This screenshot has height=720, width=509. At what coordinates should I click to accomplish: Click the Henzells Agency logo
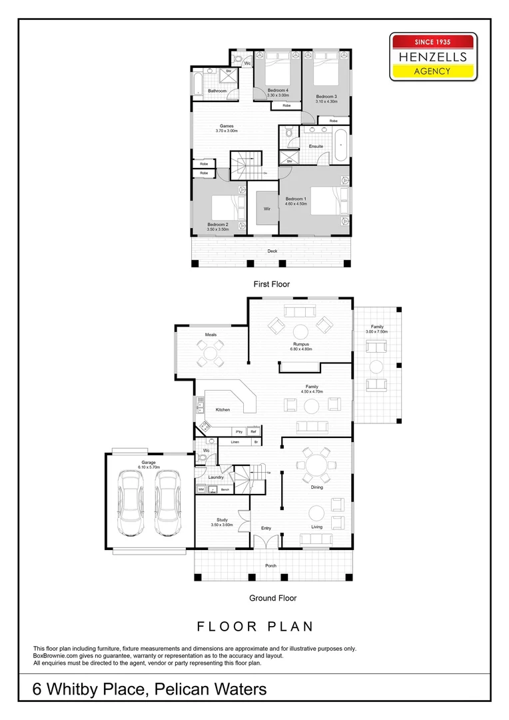pyautogui.click(x=433, y=57)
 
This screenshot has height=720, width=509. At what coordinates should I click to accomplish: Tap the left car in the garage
pyautogui.click(x=131, y=503)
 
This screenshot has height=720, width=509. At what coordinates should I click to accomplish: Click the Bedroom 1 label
pyautogui.click(x=296, y=199)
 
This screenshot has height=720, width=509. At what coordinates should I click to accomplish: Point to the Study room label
pyautogui.click(x=223, y=520)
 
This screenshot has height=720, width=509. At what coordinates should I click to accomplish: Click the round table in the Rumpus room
pyautogui.click(x=301, y=331)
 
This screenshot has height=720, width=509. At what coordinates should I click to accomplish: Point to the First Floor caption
pyautogui.click(x=271, y=284)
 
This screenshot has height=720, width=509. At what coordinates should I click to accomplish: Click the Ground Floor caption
pyautogui.click(x=272, y=598)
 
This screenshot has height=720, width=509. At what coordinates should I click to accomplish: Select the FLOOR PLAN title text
pyautogui.click(x=255, y=627)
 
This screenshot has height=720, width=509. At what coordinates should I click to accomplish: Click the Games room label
pyautogui.click(x=227, y=126)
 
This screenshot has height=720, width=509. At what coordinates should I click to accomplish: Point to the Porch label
pyautogui.click(x=270, y=566)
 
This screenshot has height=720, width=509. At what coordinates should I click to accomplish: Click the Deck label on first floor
pyautogui.click(x=272, y=251)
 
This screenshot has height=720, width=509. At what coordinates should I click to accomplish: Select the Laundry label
pyautogui.click(x=215, y=477)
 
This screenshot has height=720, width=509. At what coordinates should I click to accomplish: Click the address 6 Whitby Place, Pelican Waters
pyautogui.click(x=150, y=689)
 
